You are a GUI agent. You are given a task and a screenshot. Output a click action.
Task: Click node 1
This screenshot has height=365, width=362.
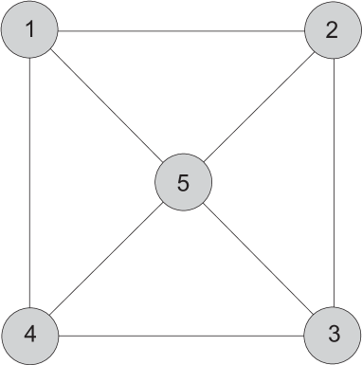point(30,30)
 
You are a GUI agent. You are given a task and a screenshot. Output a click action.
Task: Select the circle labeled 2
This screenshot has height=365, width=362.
point(332,30)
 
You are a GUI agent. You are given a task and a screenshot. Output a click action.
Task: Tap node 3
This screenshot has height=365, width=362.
point(332,334)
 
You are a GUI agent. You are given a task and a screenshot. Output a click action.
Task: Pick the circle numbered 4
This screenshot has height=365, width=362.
point(30,334)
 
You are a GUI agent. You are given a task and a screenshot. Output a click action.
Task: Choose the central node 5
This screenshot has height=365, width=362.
point(182,182)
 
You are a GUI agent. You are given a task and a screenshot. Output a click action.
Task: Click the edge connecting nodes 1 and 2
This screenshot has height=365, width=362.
point(180,30)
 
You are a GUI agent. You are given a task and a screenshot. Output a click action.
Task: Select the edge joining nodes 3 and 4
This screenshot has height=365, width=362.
point(180,334)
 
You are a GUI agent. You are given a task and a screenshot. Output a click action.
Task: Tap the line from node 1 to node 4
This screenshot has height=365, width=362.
point(30,182)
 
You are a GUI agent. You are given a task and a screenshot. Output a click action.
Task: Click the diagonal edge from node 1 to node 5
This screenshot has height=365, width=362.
point(104,104)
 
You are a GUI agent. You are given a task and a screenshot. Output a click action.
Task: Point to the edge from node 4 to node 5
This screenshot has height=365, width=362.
point(104,260)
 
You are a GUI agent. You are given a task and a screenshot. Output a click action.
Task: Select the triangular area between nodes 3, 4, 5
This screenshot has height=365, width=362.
point(181,284)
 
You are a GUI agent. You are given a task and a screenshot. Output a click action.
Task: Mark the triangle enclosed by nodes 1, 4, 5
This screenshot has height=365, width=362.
point(81,182)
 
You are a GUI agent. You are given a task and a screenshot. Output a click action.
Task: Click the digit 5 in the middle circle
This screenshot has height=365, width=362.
point(182,182)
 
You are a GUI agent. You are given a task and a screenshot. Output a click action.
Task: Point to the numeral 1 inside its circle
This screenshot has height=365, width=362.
point(30,30)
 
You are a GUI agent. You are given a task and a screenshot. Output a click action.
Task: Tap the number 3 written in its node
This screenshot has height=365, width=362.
point(332,334)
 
